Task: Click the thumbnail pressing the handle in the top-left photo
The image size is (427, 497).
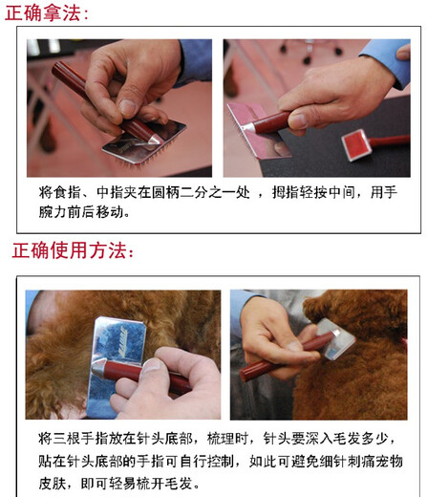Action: (128, 108)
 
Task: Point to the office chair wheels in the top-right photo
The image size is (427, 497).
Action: (309, 52)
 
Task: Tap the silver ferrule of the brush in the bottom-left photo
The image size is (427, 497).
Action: (98, 368)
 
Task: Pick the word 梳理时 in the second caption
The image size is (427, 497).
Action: (227, 439)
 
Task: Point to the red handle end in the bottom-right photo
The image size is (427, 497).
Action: (246, 375)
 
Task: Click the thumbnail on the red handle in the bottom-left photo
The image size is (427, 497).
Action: (152, 365)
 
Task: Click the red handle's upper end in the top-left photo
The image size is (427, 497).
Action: (58, 68)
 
